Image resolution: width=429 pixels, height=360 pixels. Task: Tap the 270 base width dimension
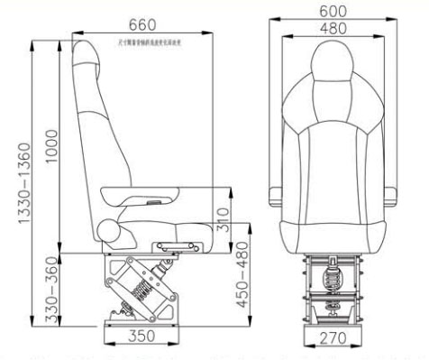pos(334,340)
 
